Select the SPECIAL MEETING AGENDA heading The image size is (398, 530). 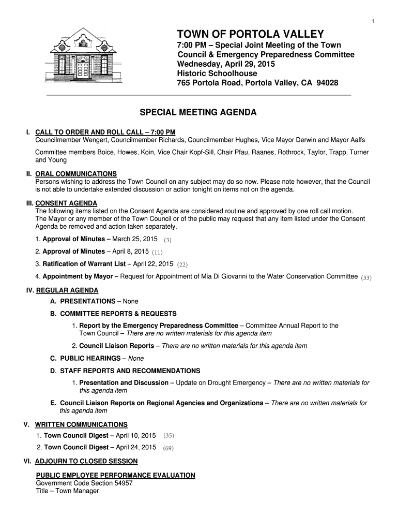click(199, 112)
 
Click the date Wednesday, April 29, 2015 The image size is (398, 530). click(226, 64)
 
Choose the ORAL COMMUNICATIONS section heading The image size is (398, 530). click(76, 173)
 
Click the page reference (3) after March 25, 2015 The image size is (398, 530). click(167, 240)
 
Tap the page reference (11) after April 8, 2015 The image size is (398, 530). click(158, 252)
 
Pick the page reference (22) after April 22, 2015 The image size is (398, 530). click(182, 264)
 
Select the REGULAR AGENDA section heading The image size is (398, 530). click(67, 290)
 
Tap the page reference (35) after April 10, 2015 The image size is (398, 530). click(169, 436)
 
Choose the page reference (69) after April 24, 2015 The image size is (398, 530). click(168, 448)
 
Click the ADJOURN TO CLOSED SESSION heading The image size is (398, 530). click(86, 461)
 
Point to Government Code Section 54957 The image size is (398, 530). click(84, 483)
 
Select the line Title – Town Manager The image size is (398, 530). click(67, 491)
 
